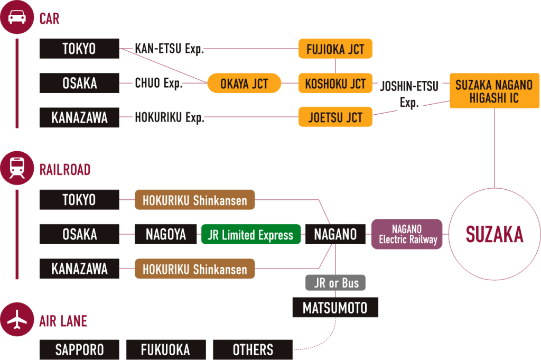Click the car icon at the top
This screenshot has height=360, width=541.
coord(17,17)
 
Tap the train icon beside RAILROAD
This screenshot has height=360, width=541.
coord(17,169)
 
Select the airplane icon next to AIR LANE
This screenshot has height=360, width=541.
coord(17,320)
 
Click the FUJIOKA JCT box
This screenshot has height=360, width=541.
coord(335,49)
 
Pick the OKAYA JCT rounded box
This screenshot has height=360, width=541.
coord(244,84)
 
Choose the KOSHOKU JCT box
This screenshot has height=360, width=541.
coord(335,84)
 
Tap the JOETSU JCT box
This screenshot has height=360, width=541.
coord(335,117)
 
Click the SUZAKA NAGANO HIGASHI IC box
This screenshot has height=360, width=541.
coord(494,91)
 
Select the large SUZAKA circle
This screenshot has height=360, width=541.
coord(494,234)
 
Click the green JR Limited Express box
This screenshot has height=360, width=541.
coord(250,235)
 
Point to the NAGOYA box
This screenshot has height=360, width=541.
coord(166,235)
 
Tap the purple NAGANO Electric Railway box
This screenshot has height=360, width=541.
coord(407,234)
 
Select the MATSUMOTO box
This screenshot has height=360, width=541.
coord(335,307)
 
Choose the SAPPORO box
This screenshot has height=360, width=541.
coord(80,349)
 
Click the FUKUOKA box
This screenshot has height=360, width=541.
coord(165,349)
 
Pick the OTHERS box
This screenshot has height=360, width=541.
coord(253,349)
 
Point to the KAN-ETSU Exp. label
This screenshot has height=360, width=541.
coord(169,49)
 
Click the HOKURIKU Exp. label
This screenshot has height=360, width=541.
coord(169,117)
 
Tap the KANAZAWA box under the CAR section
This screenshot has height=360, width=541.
coord(80,117)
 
